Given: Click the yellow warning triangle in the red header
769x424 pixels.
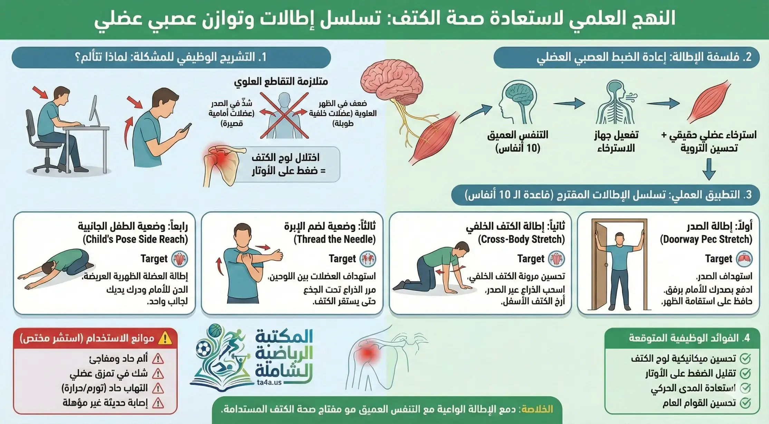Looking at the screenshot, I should click(165, 338).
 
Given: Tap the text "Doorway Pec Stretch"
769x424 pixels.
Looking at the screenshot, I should click(706, 239).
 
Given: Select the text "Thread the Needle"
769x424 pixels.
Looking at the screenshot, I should click(334, 239).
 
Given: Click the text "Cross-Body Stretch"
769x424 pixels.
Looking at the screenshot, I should click(521, 239).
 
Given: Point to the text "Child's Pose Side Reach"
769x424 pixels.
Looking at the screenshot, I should click(135, 239).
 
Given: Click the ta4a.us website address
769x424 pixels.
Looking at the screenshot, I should click(269, 383).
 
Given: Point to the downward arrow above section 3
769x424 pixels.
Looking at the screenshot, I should click(709, 169).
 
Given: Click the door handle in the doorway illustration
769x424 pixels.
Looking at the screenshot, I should click(606, 266).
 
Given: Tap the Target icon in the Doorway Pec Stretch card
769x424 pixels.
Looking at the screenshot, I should click(744, 259).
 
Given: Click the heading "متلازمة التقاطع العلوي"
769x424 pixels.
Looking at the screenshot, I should click(281, 81).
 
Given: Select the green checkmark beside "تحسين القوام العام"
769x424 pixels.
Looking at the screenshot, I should click(745, 403).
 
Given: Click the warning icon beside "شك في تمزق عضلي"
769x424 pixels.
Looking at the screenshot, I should click(158, 374).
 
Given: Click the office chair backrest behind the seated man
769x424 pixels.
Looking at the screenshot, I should click(31, 124).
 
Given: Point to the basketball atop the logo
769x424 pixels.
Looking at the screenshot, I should click(215, 330).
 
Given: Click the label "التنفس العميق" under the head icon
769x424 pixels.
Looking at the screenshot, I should click(518, 135).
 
